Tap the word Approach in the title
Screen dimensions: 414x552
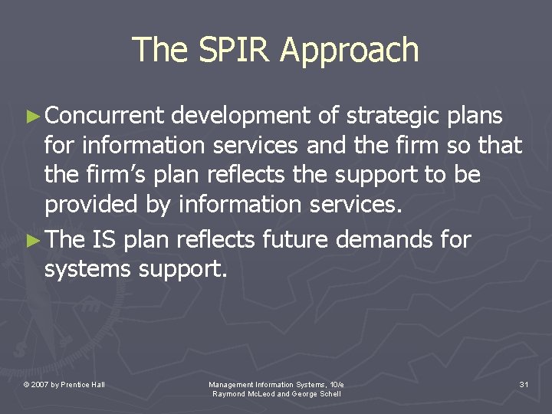350,51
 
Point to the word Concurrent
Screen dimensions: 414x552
104,116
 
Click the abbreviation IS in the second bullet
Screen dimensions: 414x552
104,240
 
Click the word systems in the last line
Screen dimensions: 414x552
87,270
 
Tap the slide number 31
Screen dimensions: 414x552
524,383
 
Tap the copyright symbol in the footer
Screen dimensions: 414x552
26,384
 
